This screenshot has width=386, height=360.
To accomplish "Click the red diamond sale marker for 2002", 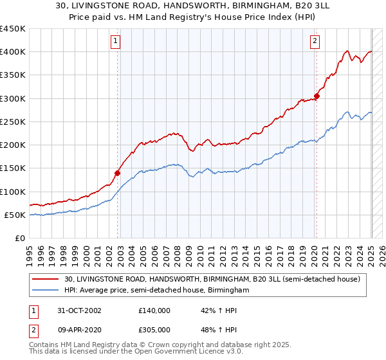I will tap(118, 172).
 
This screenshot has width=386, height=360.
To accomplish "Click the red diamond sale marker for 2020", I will tap(316, 96).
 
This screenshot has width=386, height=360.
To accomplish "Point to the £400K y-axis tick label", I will tap(12, 52).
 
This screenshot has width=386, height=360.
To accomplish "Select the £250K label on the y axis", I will tap(12, 122).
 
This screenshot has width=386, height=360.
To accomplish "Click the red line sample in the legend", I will tap(46, 279).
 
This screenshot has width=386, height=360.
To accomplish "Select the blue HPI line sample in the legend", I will tap(46, 291).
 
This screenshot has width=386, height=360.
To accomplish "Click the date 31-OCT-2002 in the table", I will tap(80, 310).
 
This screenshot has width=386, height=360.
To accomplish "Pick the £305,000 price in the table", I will tap(154, 330).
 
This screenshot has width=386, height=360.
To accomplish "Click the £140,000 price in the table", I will tap(154, 310).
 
